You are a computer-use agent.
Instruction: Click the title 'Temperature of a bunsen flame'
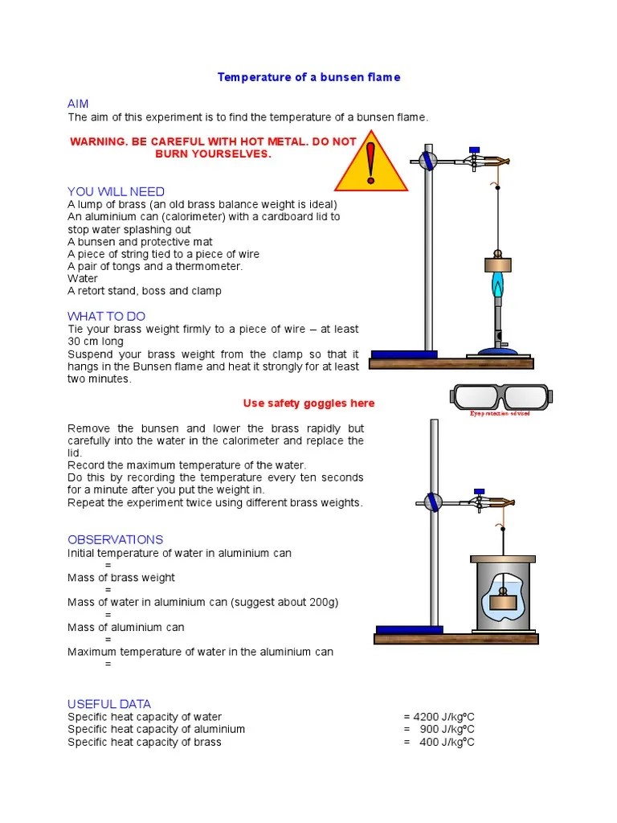(308, 77)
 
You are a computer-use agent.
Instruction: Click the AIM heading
(78, 104)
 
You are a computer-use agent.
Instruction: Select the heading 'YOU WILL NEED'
(116, 191)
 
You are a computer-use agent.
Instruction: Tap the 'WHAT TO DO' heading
(106, 316)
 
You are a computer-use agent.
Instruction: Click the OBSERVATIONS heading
(115, 539)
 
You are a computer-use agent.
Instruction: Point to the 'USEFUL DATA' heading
(108, 704)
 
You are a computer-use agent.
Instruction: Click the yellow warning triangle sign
(369, 166)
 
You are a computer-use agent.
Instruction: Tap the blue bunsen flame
(498, 285)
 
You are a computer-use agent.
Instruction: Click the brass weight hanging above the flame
(498, 264)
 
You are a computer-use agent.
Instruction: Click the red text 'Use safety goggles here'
(308, 403)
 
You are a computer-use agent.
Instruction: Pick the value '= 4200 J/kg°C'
(439, 717)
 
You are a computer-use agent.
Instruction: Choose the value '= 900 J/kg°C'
(439, 729)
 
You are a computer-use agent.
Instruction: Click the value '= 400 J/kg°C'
(439, 742)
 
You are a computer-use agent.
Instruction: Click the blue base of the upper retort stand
(404, 354)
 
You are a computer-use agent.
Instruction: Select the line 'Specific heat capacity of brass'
(144, 742)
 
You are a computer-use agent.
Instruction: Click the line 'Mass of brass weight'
(121, 577)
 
